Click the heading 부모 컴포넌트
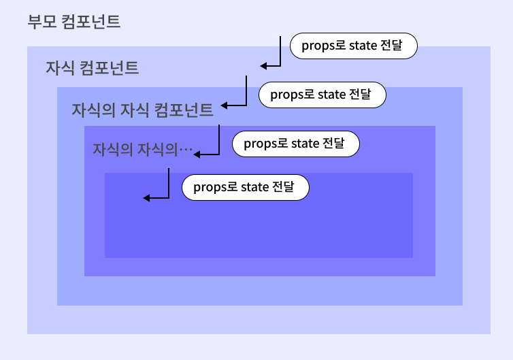pyautogui.click(x=74, y=22)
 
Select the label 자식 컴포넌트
pyautogui.click(x=92, y=68)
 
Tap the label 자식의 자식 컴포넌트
pyautogui.click(x=142, y=110)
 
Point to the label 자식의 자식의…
pyautogui.click(x=143, y=148)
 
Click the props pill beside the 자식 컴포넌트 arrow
pyautogui.click(x=354, y=46)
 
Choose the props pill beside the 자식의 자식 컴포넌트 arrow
pyautogui.click(x=322, y=95)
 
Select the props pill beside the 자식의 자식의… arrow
pyautogui.click(x=295, y=144)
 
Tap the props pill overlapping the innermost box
pyautogui.click(x=245, y=187)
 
